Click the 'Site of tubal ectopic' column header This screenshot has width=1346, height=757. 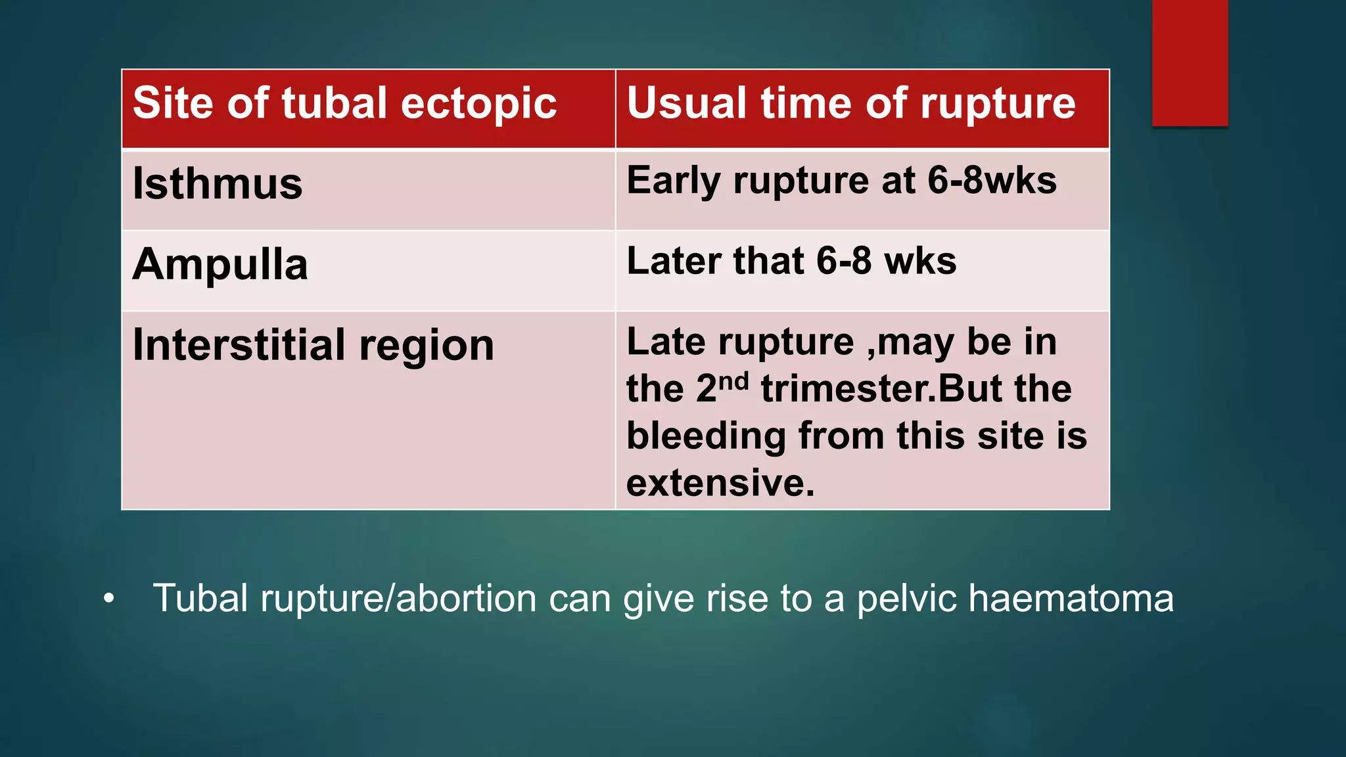tap(344, 104)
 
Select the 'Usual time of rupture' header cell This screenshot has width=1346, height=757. tap(850, 104)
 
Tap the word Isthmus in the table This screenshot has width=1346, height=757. tap(218, 183)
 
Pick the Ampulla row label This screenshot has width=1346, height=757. tap(220, 264)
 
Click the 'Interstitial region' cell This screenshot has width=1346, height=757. tap(313, 345)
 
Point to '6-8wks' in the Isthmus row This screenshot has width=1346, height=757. tap(992, 180)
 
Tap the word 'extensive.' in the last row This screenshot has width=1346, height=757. tap(720, 483)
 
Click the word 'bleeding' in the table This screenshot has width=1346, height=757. tap(706, 436)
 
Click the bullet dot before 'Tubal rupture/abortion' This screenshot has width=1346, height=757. tap(109, 599)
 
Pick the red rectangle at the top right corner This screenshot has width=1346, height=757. tap(1190, 62)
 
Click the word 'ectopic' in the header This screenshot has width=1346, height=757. tap(478, 104)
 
